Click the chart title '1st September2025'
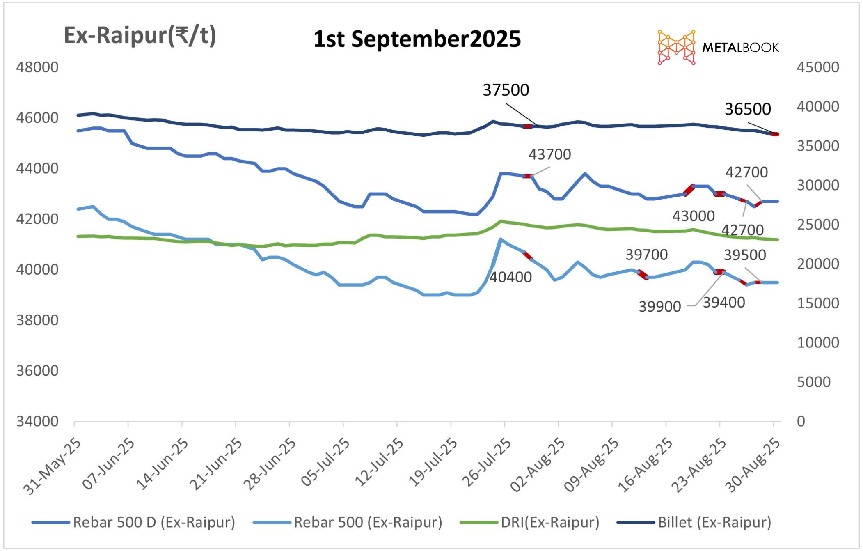point(417,39)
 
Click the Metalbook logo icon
point(676,47)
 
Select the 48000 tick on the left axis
point(37,67)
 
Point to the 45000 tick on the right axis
point(818,67)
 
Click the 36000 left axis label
point(37,371)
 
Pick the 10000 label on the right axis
point(818,342)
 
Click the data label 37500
point(506,90)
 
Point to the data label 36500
point(748,109)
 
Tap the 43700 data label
point(549,155)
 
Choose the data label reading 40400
point(510,278)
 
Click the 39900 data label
point(659,307)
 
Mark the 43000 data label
point(693,216)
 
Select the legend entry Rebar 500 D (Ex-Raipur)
point(133,523)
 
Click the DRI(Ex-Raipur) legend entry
point(530,523)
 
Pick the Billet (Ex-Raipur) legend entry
point(694,523)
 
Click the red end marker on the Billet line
point(775,134)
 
